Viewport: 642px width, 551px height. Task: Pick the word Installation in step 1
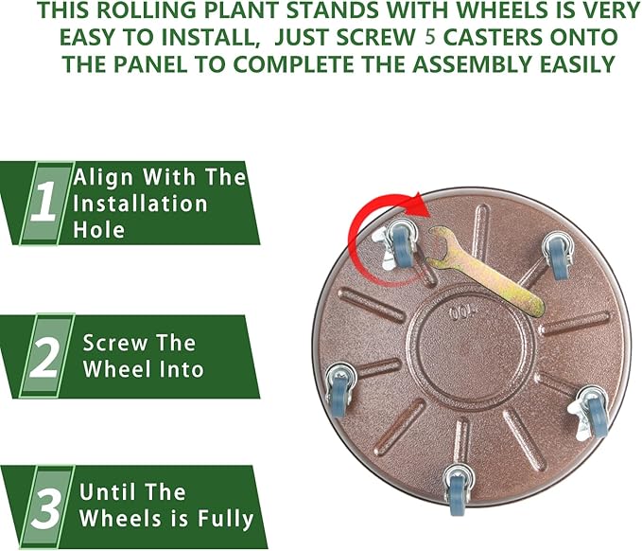(140, 203)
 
